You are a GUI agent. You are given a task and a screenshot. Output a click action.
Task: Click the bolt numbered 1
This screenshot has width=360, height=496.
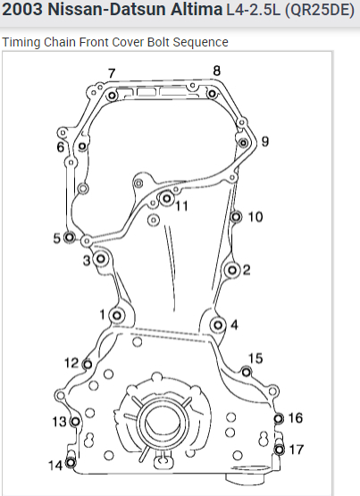click(117, 315)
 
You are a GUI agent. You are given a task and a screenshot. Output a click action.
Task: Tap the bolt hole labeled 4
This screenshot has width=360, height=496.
click(218, 325)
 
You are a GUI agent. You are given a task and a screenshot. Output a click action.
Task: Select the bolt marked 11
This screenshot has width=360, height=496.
click(166, 198)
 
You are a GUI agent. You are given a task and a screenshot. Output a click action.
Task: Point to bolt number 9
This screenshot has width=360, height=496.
click(243, 143)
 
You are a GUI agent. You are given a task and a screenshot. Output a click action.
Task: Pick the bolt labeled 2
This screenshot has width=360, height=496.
click(232, 270)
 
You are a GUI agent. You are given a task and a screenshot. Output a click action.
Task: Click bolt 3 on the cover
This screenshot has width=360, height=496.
click(101, 259)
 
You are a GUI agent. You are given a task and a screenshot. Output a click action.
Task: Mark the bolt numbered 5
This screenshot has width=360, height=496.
click(70, 237)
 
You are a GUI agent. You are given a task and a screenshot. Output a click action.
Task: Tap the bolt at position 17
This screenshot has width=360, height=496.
click(279, 450)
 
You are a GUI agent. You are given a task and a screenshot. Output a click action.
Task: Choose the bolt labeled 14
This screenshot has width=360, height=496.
click(71, 463)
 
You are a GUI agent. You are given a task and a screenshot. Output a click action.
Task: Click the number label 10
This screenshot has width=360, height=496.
click(255, 217)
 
